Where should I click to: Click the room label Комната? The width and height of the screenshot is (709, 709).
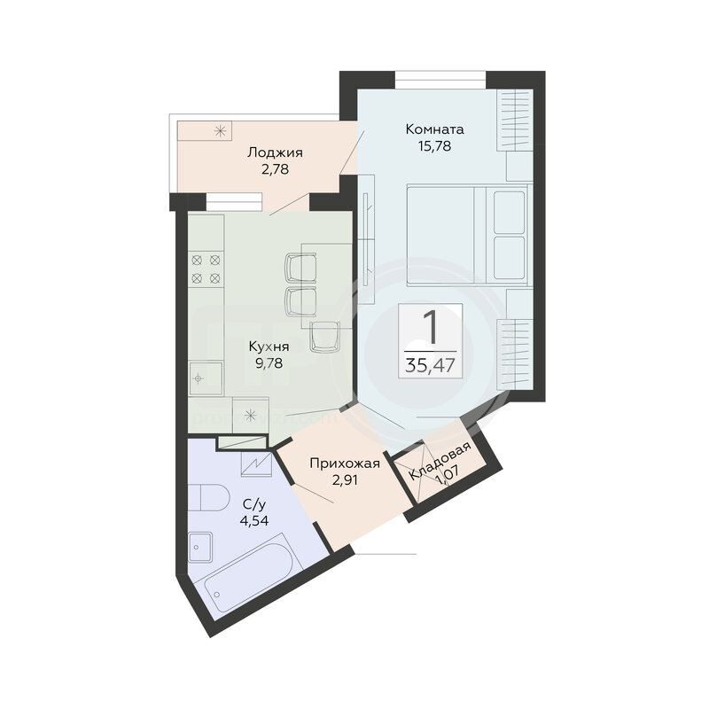click(x=434, y=129)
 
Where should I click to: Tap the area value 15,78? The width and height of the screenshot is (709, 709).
click(x=434, y=146)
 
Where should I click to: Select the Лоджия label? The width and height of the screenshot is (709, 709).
click(x=275, y=152)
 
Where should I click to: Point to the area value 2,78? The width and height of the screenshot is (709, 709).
click(x=275, y=169)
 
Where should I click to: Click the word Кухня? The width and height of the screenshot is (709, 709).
click(x=269, y=347)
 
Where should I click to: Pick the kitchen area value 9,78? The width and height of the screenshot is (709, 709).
click(x=269, y=363)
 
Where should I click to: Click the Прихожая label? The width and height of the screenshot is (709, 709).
click(x=345, y=464)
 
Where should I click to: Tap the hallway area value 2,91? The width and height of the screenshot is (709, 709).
click(x=345, y=479)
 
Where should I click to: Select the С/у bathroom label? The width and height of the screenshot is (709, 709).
click(x=254, y=504)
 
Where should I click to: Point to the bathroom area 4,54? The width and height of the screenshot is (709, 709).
click(x=254, y=521)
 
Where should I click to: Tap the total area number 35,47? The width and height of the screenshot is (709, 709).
click(x=430, y=365)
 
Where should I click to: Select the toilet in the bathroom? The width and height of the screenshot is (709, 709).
click(x=209, y=497)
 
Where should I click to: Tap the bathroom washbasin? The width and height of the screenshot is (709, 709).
click(x=200, y=547)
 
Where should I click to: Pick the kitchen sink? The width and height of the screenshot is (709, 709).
click(x=206, y=378)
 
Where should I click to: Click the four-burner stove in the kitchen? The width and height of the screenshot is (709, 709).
click(x=206, y=269)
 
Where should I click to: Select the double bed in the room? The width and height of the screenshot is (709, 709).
click(x=468, y=235)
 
